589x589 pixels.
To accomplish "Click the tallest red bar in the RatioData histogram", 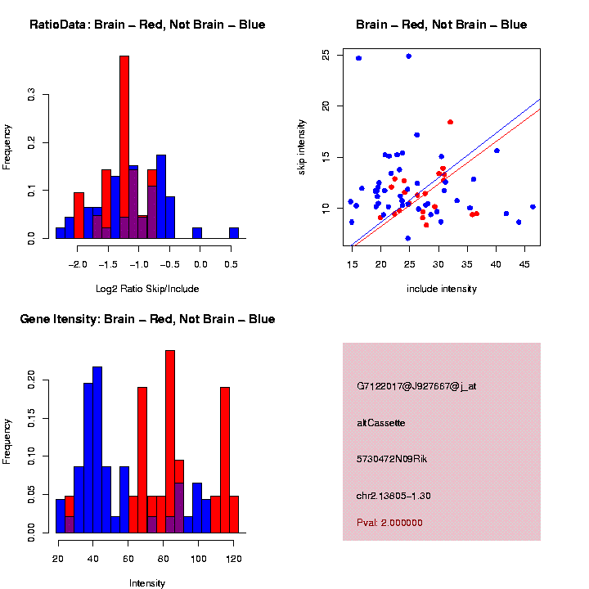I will click(x=124, y=147).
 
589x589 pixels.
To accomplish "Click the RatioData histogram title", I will click(x=147, y=25).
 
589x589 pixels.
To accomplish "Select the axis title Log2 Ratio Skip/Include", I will click(x=147, y=288).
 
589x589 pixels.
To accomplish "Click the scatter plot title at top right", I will click(x=441, y=25).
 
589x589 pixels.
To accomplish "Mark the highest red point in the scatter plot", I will click(x=450, y=122).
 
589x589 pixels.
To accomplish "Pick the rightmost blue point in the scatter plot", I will click(x=533, y=207).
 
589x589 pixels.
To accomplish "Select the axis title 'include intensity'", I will click(x=441, y=289).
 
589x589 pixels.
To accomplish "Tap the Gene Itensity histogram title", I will click(x=147, y=319).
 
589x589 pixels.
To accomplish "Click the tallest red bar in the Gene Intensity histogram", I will click(x=170, y=442).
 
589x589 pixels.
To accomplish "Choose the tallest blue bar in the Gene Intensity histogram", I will click(x=97, y=450).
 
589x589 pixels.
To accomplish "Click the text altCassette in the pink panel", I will click(x=380, y=423).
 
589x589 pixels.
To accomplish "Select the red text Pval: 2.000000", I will click(x=389, y=522).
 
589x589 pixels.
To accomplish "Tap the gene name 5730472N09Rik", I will click(x=392, y=459).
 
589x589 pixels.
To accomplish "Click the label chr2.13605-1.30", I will click(x=393, y=496).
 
